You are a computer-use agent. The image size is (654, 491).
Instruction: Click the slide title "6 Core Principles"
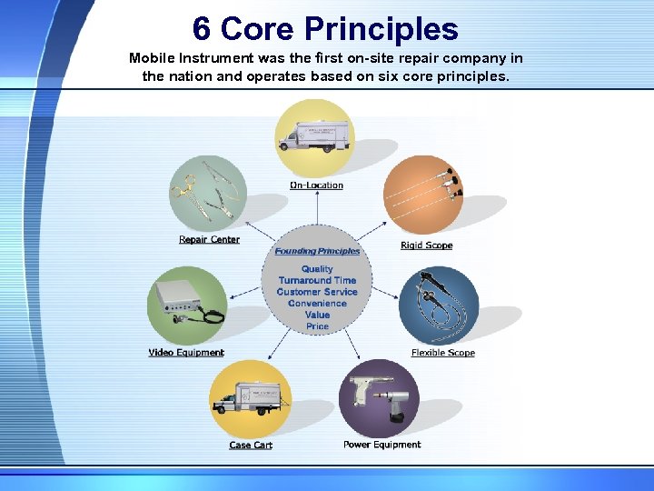[x=325, y=29]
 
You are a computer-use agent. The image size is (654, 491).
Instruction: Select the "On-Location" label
[x=316, y=185]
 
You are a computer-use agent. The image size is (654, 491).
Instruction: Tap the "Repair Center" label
[x=209, y=240]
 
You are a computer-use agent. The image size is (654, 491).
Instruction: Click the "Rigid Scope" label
[x=426, y=245]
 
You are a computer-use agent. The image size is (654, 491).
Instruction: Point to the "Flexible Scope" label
[x=442, y=353]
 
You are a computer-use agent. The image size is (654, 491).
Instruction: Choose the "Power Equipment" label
[x=381, y=445]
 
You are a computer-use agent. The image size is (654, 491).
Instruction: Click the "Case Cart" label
[x=251, y=446]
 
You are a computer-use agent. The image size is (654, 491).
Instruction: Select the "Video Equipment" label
[x=186, y=353]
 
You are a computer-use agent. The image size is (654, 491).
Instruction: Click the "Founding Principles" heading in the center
[x=317, y=251]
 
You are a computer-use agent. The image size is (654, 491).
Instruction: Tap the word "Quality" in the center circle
[x=317, y=269]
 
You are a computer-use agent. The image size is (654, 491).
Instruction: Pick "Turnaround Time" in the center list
[x=317, y=280]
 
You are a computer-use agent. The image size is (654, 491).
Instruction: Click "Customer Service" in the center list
[x=317, y=292]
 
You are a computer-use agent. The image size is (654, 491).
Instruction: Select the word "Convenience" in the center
[x=317, y=304]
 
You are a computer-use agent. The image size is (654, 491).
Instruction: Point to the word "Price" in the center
[x=317, y=326]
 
